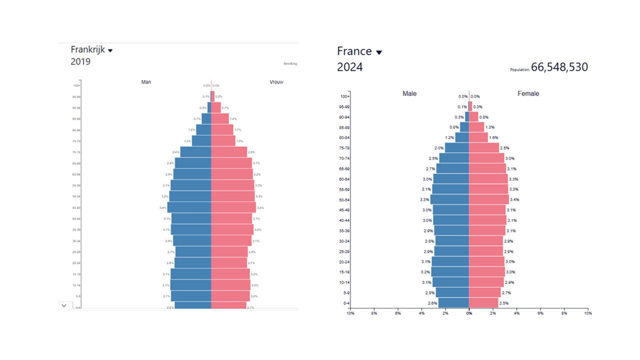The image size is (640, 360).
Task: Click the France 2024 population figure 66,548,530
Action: (x=559, y=67)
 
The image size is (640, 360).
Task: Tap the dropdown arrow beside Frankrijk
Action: (x=110, y=50)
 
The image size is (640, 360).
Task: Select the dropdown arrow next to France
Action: (x=379, y=52)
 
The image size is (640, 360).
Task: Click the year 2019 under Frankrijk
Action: (x=80, y=61)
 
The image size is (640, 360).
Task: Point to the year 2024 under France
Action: (x=350, y=67)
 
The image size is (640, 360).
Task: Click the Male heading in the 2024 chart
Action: (x=409, y=93)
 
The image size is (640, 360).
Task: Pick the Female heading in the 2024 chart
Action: (x=528, y=93)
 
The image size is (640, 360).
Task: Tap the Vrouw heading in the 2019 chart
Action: (x=276, y=82)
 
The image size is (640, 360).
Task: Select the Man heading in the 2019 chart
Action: (x=146, y=82)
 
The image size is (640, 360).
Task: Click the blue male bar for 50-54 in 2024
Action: (x=449, y=199)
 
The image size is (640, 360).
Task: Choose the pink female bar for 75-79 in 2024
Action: (x=483, y=148)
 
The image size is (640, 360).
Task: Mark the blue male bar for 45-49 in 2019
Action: (x=189, y=207)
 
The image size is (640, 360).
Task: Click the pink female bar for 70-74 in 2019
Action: (x=229, y=152)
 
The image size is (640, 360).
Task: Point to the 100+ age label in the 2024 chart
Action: (x=345, y=96)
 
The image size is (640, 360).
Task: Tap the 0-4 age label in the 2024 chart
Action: (x=346, y=303)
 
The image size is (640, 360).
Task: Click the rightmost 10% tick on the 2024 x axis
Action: (x=587, y=313)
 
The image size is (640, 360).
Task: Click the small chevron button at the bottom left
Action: (x=64, y=305)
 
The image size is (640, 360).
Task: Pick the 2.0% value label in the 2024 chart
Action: (x=439, y=148)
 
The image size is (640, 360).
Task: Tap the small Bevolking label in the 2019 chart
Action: (x=290, y=63)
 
